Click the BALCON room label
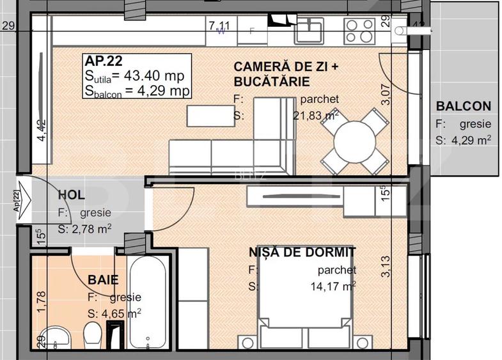[463, 106]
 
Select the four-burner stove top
[359, 28]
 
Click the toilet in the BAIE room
[93, 334]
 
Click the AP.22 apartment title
[104, 62]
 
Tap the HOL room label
[71, 195]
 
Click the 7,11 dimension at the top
[219, 26]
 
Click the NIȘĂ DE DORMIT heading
[302, 253]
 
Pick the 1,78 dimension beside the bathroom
[41, 302]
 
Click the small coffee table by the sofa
[208, 115]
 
